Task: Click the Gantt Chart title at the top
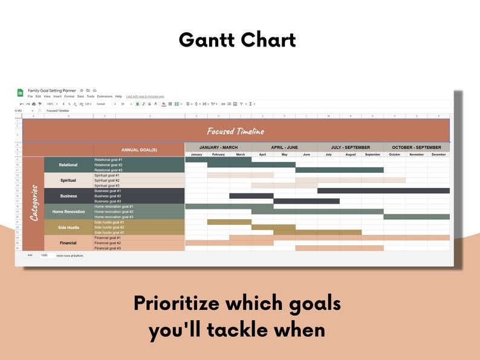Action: point(237,40)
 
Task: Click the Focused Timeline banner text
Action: point(235,131)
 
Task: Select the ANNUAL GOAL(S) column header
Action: point(139,149)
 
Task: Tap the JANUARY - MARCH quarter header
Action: point(218,147)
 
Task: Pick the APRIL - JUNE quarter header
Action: point(285,147)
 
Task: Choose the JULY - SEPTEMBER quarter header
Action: point(351,147)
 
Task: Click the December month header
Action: point(438,155)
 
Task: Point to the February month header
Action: point(218,155)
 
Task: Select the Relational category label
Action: point(68,165)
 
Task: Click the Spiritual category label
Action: point(68,180)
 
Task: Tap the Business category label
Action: point(68,196)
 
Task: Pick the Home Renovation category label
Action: point(68,211)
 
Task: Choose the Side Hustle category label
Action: point(68,227)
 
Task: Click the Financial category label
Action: point(68,243)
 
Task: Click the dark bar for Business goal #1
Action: point(383,191)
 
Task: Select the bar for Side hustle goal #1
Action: point(229,222)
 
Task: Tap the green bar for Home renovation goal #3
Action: point(417,217)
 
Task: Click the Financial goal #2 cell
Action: point(138,243)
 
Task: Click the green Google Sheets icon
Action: point(21,92)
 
